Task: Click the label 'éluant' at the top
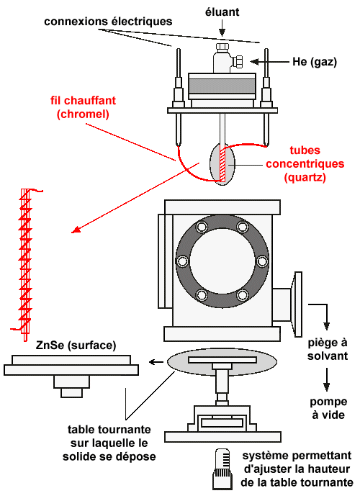coord(222,12)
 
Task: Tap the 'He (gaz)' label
coord(315,62)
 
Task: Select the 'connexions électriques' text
coord(108,22)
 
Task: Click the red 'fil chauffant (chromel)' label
coord(83,107)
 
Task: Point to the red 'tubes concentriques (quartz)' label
coord(305,163)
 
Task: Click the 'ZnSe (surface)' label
coord(76,346)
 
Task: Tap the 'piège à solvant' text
coord(328,349)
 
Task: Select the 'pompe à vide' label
coord(328,408)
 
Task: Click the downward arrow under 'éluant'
coord(222,28)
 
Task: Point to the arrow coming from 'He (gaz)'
coord(269,62)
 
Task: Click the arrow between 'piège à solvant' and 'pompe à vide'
coord(326,379)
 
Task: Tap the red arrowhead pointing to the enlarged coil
coord(75,230)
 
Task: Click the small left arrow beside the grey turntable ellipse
coord(156,362)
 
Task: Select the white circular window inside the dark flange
coord(222,261)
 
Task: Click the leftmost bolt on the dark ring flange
coord(182,261)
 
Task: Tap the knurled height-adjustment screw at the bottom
coord(221,469)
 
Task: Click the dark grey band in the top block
coord(222,86)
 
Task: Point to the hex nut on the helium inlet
coord(238,61)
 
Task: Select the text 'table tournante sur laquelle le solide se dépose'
coord(109,443)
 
